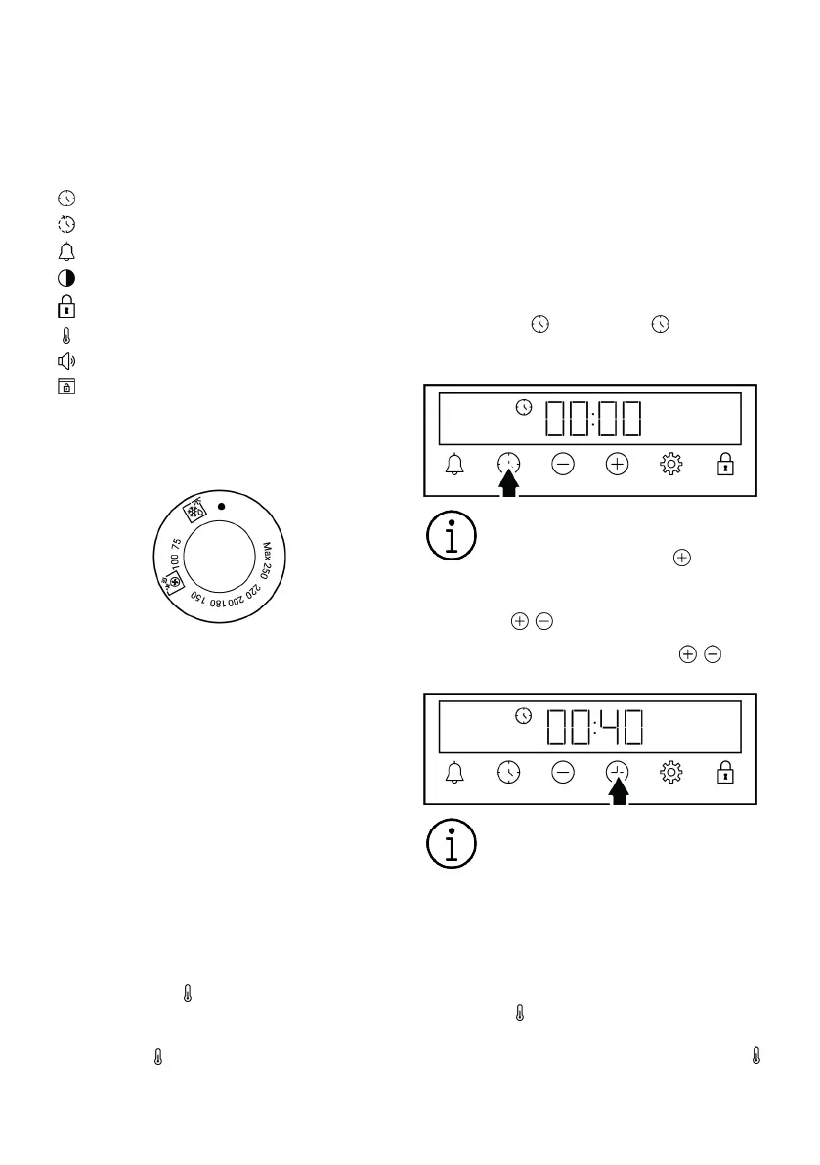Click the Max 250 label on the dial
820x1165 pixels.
coord(266,560)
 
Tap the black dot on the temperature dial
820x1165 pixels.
coord(221,506)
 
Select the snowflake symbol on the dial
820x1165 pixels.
coord(195,510)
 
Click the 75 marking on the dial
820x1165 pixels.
coord(177,545)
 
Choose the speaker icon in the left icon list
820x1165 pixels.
coord(66,361)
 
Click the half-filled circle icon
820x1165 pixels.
coord(66,278)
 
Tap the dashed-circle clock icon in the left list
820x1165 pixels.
coord(66,224)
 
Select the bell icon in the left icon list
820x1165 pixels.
coord(66,251)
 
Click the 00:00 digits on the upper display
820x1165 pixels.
coord(593,419)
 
